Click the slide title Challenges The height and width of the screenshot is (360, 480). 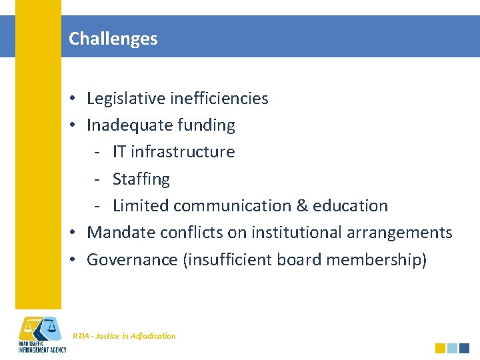tap(113, 39)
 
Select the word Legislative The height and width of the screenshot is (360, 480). tap(127, 99)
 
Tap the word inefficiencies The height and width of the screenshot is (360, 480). tap(219, 99)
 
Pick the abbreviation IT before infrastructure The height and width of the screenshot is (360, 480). tap(120, 152)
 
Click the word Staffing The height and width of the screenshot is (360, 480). tap(141, 179)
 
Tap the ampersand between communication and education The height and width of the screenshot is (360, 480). tap(301, 206)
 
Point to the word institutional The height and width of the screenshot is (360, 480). tap(297, 233)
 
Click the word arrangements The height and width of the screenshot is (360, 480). tap(402, 233)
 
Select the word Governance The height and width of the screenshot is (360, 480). tap(132, 259)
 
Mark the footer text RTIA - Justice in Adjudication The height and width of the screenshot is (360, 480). tap(124, 336)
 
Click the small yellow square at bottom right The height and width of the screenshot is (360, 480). tap(440, 348)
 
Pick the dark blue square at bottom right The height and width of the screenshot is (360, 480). tap(465, 348)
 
